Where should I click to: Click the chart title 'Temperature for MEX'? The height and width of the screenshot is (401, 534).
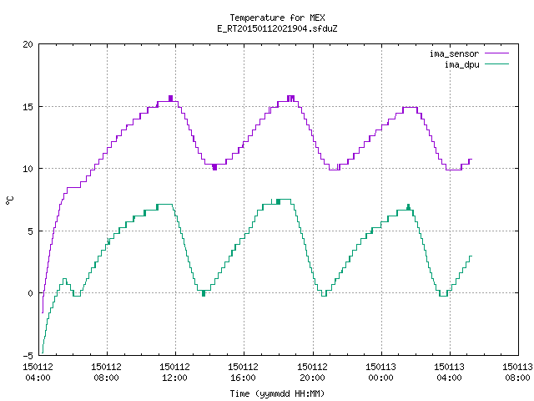click(277, 18)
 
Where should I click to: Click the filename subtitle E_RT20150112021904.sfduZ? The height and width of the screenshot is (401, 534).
click(277, 28)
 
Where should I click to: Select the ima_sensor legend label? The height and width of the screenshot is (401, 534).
click(454, 53)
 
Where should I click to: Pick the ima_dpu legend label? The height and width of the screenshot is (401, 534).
click(461, 64)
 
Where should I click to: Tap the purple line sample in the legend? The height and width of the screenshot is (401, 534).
click(496, 53)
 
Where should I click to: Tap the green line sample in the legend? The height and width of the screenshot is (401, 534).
click(496, 63)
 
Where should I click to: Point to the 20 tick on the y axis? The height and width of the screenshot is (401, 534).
click(28, 44)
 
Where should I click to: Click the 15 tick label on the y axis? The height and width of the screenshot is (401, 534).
click(28, 107)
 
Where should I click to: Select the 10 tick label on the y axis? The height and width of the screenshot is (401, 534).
click(28, 169)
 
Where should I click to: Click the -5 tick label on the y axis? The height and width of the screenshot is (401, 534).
click(28, 356)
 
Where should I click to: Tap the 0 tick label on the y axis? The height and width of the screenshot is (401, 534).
click(31, 293)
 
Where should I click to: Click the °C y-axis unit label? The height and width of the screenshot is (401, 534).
click(9, 200)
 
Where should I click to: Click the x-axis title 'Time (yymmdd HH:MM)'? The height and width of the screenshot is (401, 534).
click(277, 393)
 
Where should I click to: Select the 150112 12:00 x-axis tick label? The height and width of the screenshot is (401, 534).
click(174, 372)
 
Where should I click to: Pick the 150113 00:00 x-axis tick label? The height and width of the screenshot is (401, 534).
click(380, 372)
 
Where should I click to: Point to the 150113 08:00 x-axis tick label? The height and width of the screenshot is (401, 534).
click(517, 372)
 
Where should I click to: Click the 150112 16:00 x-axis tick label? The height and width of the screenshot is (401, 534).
click(243, 372)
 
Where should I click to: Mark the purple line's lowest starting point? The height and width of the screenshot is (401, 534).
click(43, 312)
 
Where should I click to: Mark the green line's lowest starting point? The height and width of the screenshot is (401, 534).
click(43, 353)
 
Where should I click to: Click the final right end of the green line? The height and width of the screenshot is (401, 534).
click(472, 256)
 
